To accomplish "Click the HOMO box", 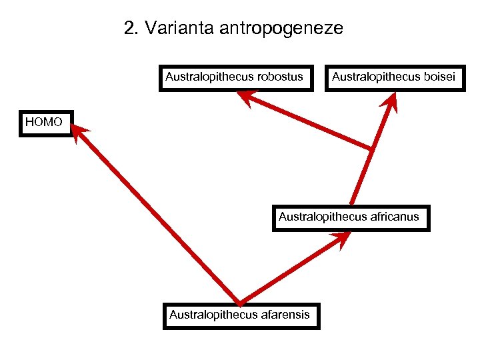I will (45, 123).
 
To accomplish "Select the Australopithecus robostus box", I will (238, 78).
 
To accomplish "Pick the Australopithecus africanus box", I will (350, 217).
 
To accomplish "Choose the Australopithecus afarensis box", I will (241, 315).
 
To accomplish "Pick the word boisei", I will (440, 77).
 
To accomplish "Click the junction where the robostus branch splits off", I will (371, 148).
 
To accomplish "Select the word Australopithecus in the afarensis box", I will (213, 315).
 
